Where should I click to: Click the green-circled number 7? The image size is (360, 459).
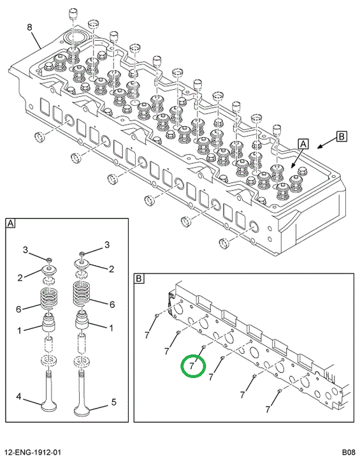click(x=192, y=366)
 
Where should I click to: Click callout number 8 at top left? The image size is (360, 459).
click(x=29, y=27)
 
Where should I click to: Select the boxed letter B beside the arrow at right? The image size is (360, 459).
click(x=342, y=136)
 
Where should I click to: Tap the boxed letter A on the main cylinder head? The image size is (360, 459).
click(x=303, y=144)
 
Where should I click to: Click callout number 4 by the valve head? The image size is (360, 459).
click(x=18, y=397)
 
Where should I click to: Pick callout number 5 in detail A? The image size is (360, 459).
click(x=114, y=402)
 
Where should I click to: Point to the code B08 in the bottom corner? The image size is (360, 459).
click(x=349, y=453)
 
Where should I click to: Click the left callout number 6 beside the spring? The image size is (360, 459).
click(x=18, y=309)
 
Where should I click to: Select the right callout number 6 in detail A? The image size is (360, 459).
click(x=112, y=305)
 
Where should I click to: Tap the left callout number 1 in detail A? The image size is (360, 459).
click(x=19, y=331)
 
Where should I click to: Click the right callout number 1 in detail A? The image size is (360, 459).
click(x=111, y=328)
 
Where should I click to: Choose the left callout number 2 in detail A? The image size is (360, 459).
click(x=20, y=277)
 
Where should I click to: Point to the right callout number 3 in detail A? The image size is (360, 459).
click(x=107, y=244)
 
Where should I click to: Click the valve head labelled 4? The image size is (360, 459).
click(x=49, y=406)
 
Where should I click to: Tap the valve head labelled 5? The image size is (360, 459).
click(x=82, y=410)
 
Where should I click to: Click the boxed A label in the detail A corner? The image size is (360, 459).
click(x=10, y=223)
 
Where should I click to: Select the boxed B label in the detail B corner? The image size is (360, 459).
click(x=139, y=279)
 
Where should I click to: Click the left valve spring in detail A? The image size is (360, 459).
click(x=48, y=298)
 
